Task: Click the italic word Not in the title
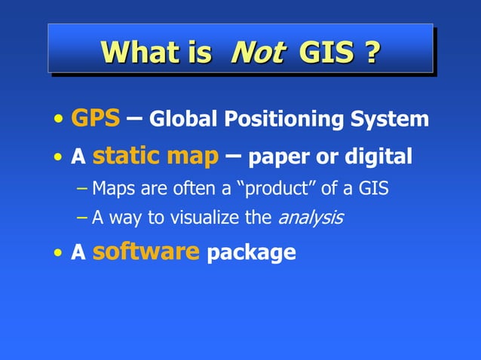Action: pyautogui.click(x=258, y=52)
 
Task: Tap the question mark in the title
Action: pyautogui.click(x=370, y=52)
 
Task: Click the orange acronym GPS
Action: pyautogui.click(x=95, y=117)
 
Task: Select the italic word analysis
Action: pyautogui.click(x=311, y=219)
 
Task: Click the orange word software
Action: pyautogui.click(x=146, y=252)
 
